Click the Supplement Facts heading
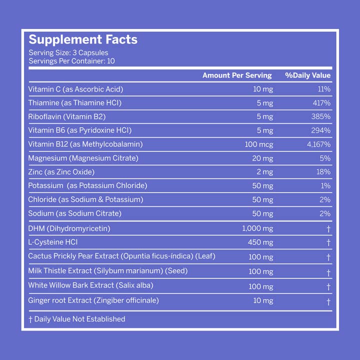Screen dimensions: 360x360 pos(82,40)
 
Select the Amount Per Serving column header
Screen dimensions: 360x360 pos(236,75)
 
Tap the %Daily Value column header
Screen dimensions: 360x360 pos(307,75)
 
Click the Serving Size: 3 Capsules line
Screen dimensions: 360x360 pos(68,52)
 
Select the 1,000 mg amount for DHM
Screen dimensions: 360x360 pos(257,228)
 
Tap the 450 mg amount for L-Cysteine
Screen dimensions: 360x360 pos(260,242)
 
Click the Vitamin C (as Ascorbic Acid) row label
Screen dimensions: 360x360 pos(75,89)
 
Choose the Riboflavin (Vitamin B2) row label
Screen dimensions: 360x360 pos(67,116)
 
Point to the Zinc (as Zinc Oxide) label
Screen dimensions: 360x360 pos(61,171)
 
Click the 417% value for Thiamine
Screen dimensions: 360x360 pos(321,103)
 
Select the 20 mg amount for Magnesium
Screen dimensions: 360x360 pos(263,158)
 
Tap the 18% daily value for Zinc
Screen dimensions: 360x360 pos(323,171)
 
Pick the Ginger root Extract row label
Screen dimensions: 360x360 pos(93,300)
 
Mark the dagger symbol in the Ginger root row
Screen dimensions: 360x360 pos(328,301)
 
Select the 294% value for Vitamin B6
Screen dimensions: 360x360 pos(321,130)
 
